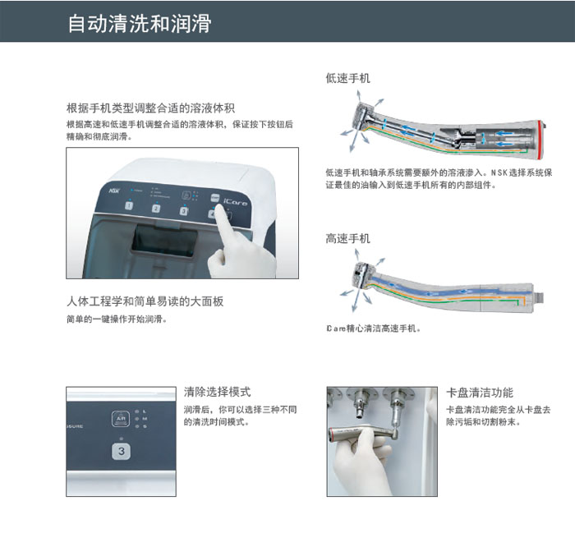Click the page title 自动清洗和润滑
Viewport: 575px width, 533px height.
(x=140, y=24)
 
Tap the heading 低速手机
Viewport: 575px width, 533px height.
(x=347, y=78)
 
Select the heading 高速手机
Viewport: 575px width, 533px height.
(x=347, y=239)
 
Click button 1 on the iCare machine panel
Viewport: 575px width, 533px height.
(x=129, y=205)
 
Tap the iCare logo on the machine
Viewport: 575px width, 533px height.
(x=235, y=201)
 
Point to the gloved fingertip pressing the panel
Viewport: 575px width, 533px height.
(x=219, y=209)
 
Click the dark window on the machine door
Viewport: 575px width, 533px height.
(x=164, y=240)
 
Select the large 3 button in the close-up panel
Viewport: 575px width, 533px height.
(x=122, y=452)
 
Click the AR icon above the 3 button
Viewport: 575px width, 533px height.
(x=121, y=419)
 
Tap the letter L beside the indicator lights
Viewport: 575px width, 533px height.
(x=145, y=411)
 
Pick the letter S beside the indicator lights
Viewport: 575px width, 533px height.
(x=145, y=426)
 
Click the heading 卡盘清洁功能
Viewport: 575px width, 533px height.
(x=480, y=393)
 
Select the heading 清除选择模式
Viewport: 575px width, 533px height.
(x=218, y=392)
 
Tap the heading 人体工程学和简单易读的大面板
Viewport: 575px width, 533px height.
(x=145, y=301)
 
